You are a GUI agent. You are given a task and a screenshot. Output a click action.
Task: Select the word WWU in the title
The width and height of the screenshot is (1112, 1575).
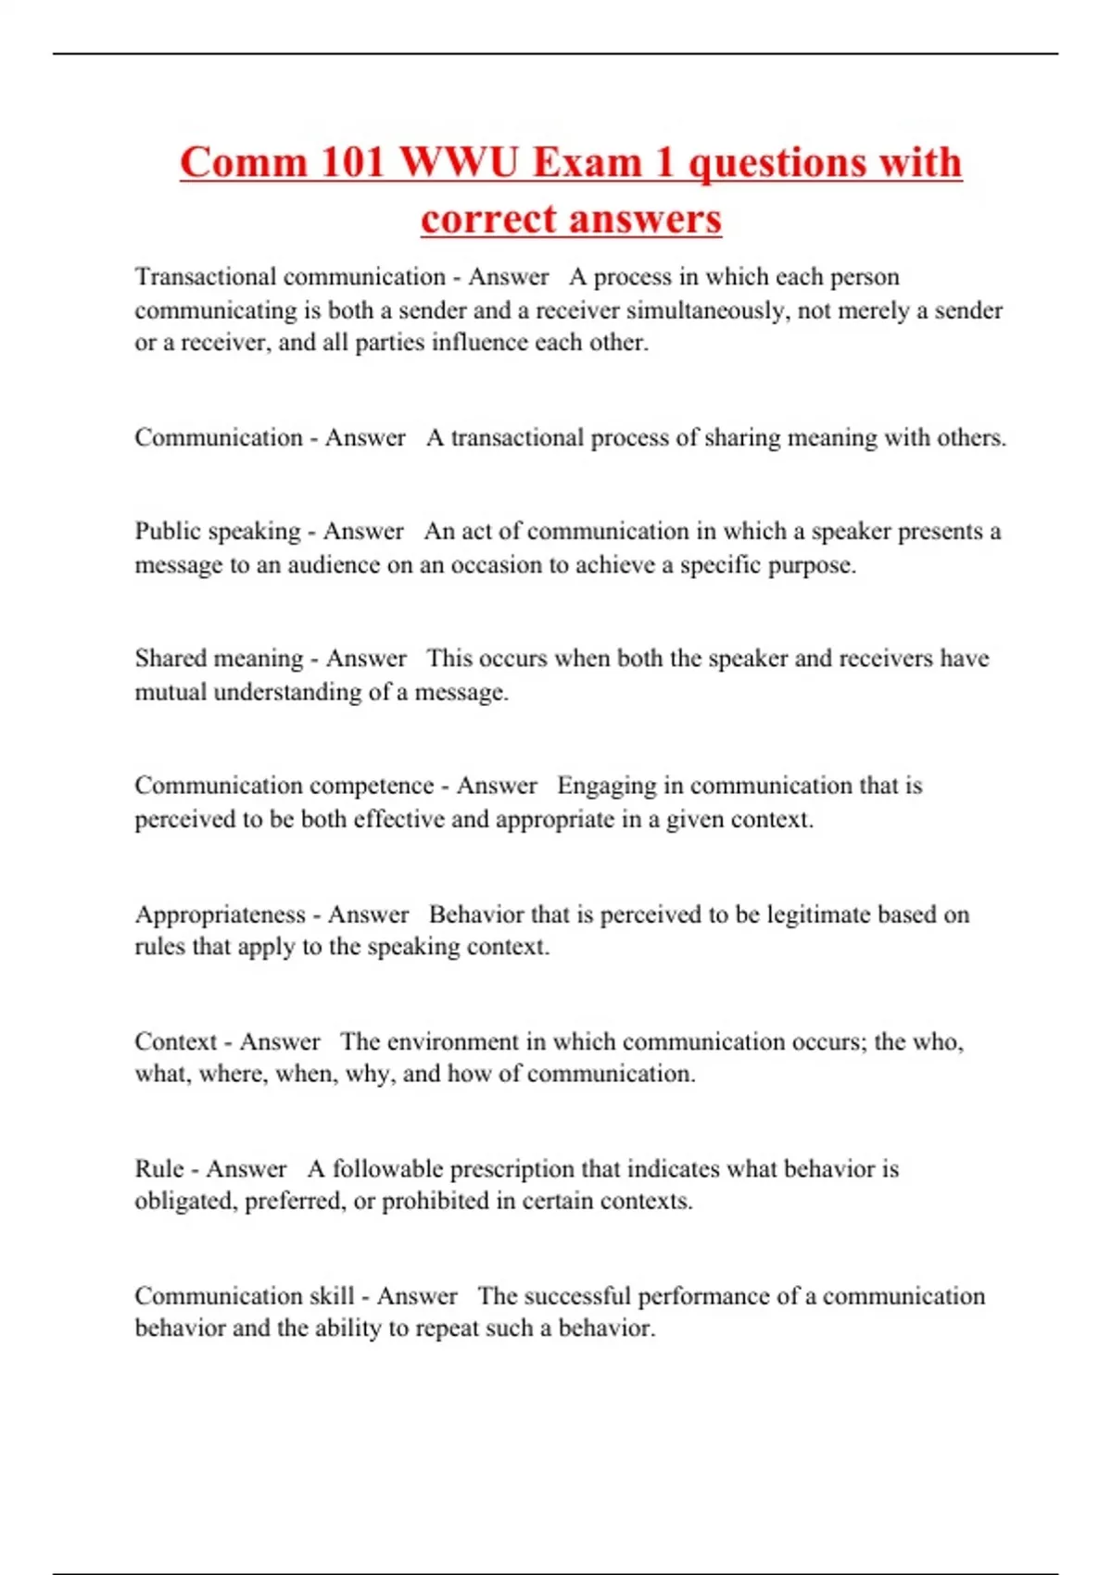click(459, 162)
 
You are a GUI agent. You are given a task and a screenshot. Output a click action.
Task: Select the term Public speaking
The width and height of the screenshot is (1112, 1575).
click(218, 532)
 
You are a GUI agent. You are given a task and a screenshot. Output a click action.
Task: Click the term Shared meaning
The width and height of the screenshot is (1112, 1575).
click(219, 659)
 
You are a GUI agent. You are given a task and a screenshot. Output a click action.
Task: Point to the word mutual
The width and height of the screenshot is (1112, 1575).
click(171, 692)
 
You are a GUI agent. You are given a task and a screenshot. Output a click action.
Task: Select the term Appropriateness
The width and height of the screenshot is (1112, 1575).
click(220, 914)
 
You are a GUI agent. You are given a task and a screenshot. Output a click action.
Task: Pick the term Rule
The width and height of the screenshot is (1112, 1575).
click(158, 1169)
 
